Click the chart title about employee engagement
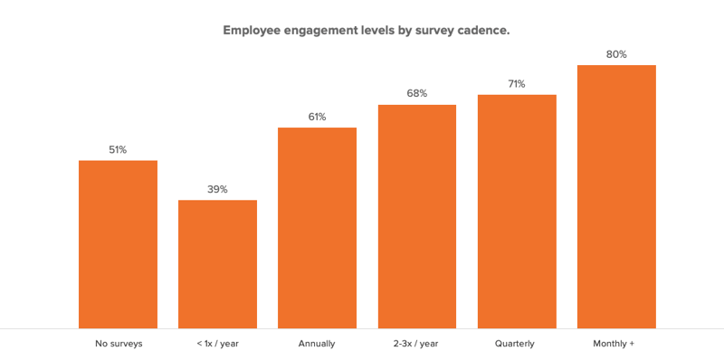[x=366, y=30]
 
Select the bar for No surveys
[x=118, y=244]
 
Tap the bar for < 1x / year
[x=217, y=264]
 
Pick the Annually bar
[x=317, y=228]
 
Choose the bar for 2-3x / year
[x=417, y=216]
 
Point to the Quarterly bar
[x=517, y=212]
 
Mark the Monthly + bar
[x=616, y=196]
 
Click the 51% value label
[x=118, y=150]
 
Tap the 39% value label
[x=217, y=189]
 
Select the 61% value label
[x=317, y=117]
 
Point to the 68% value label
[x=417, y=94]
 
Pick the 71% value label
[x=517, y=84]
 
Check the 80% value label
[x=616, y=54]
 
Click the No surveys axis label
[x=119, y=344]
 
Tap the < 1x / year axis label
[x=217, y=344]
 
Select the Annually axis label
[x=317, y=344]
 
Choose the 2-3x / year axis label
[x=417, y=344]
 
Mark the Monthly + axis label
[x=615, y=344]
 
